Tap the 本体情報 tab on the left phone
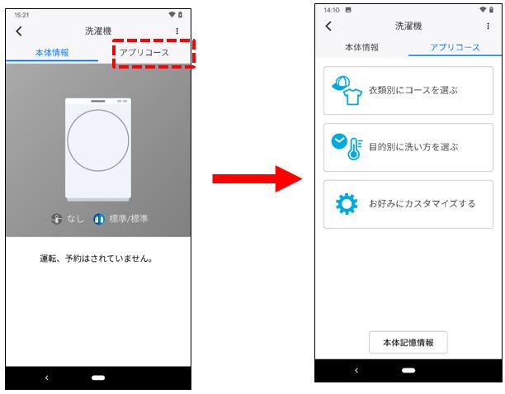52,53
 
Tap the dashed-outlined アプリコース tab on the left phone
144,53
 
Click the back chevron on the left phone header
19,31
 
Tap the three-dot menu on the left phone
177,31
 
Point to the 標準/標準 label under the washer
129,219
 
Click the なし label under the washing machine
75,219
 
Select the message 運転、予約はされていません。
97,259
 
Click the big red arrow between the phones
257,178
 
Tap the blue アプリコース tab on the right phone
455,47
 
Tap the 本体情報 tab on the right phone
361,47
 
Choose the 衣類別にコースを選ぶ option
408,91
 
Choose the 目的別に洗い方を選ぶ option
408,147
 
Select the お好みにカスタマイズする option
408,204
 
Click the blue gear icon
347,204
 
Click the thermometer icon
354,149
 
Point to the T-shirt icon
352,97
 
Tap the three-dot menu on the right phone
488,26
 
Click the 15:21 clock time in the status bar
21,15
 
